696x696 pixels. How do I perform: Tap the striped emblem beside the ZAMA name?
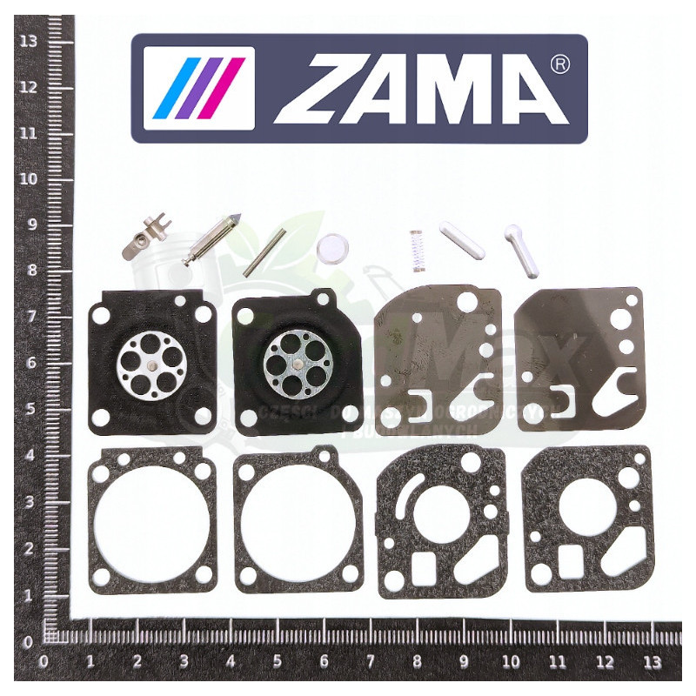[199, 88]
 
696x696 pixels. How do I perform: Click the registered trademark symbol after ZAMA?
[561, 64]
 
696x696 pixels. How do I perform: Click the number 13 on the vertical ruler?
[29, 40]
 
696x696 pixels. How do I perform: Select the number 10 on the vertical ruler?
[29, 178]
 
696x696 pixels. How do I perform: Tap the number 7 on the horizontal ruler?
[370, 661]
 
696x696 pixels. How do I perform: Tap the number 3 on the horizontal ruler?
[184, 661]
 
